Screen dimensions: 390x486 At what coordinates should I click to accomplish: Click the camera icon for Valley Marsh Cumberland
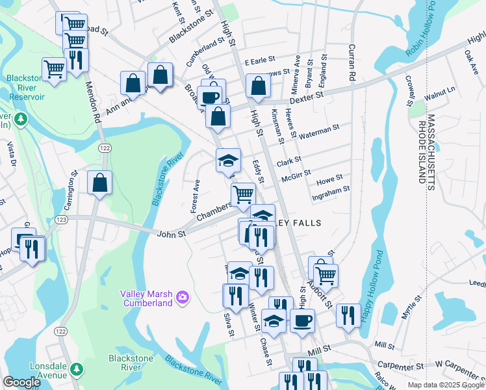pyautogui.click(x=183, y=297)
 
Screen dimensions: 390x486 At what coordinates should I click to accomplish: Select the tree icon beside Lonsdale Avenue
pyautogui.click(x=77, y=369)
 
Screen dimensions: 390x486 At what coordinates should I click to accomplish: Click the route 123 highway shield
pyautogui.click(x=62, y=220)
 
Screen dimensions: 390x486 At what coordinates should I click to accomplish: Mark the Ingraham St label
pyautogui.click(x=331, y=190)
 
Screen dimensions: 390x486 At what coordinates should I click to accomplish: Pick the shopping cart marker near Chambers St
pyautogui.click(x=243, y=194)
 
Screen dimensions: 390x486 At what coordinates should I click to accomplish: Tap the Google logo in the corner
pyautogui.click(x=21, y=382)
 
